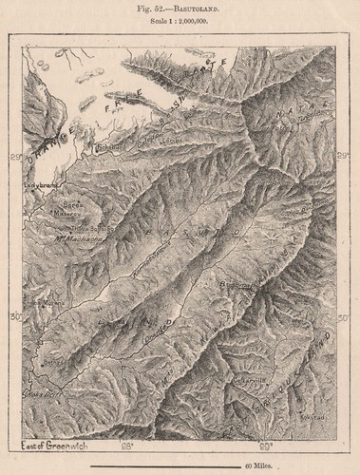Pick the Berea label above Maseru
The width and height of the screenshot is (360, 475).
click(68, 203)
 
